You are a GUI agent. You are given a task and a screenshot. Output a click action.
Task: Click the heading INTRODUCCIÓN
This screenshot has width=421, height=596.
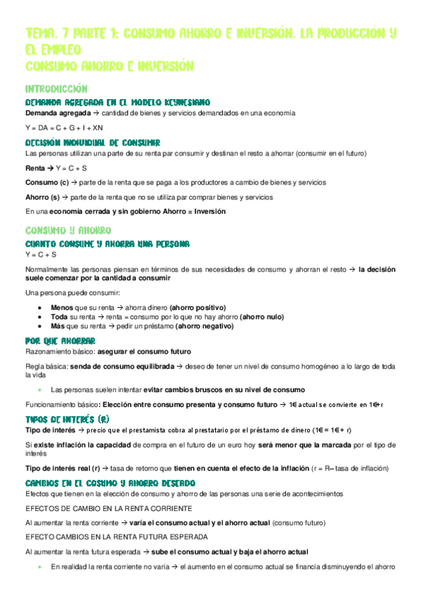(56, 89)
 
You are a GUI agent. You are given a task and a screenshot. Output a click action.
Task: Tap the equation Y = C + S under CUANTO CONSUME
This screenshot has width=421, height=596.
(41, 254)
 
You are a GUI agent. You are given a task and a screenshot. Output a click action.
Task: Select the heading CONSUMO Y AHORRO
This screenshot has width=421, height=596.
(67, 231)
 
